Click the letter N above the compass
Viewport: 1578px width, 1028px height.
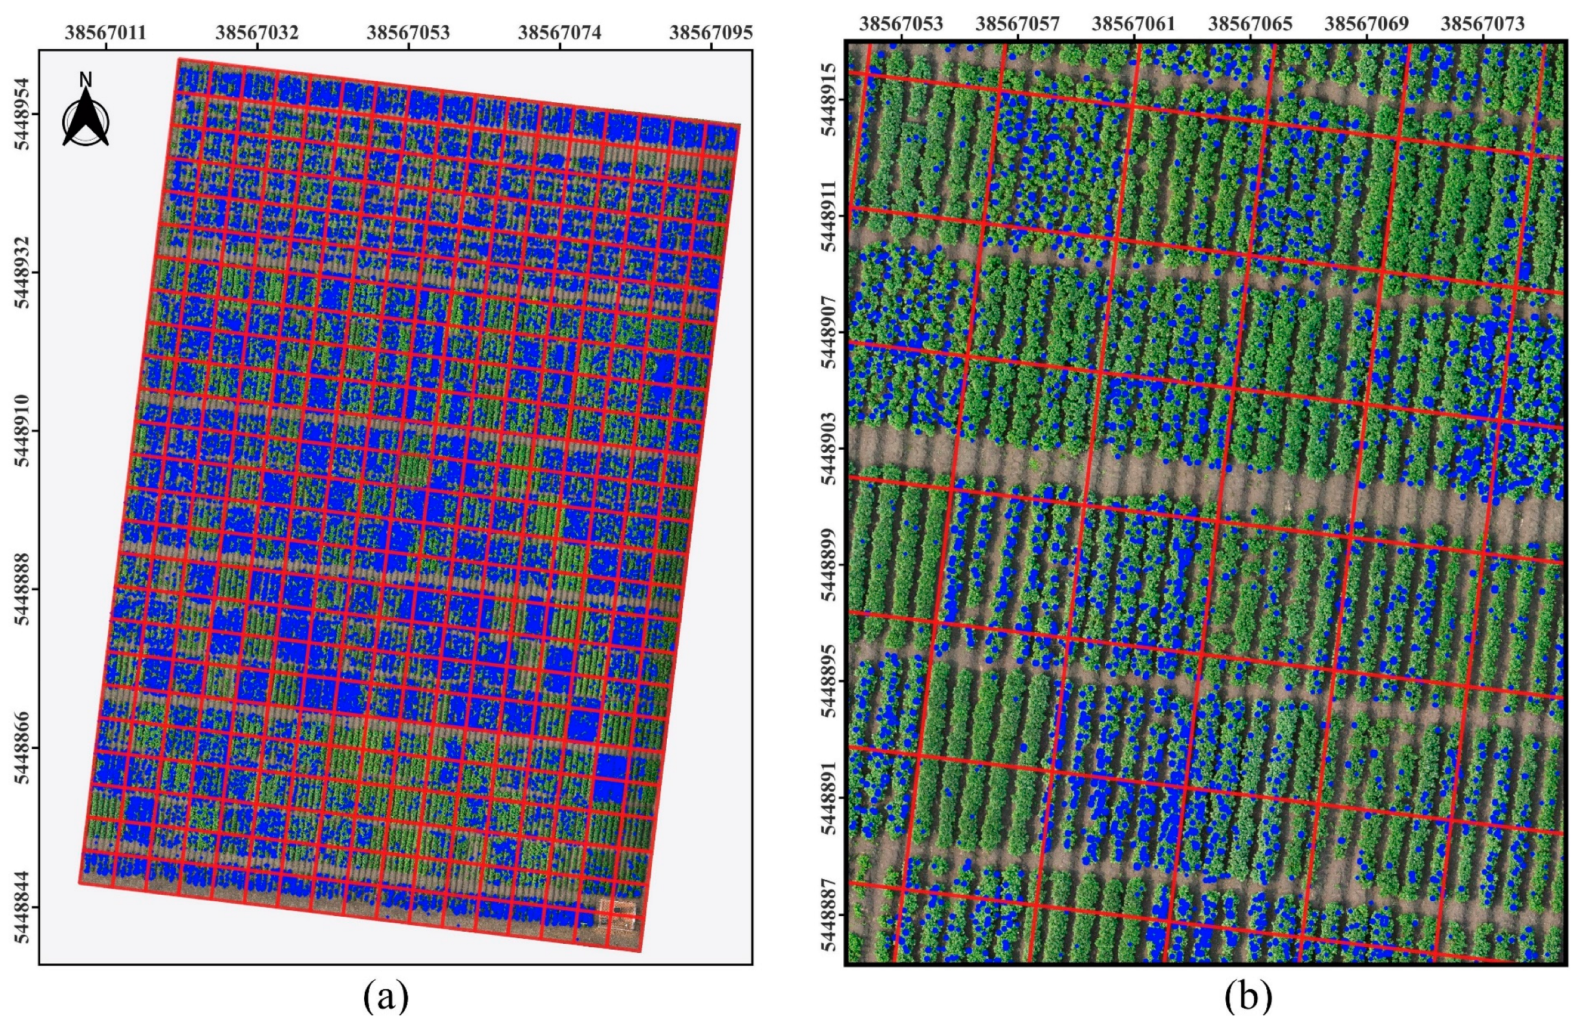[85, 80]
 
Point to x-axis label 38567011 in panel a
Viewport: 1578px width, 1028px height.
[105, 32]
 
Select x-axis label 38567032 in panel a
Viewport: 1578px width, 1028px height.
[257, 32]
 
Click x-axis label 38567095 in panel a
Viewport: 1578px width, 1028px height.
[711, 32]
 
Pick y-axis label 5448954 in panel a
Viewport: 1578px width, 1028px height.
[23, 113]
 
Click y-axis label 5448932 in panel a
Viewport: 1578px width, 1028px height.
[23, 272]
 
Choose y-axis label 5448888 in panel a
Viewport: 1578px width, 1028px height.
[23, 589]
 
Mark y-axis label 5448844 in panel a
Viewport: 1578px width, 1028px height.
[23, 906]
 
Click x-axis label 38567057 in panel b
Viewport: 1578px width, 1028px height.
[1018, 24]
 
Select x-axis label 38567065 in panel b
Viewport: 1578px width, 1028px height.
[1250, 24]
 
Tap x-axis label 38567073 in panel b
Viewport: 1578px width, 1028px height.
[1482, 24]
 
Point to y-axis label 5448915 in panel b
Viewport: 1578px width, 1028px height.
[829, 100]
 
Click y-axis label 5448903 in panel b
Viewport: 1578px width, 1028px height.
[829, 449]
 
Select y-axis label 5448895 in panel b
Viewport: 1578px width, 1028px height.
[829, 681]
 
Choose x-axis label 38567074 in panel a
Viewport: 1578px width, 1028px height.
[559, 32]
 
